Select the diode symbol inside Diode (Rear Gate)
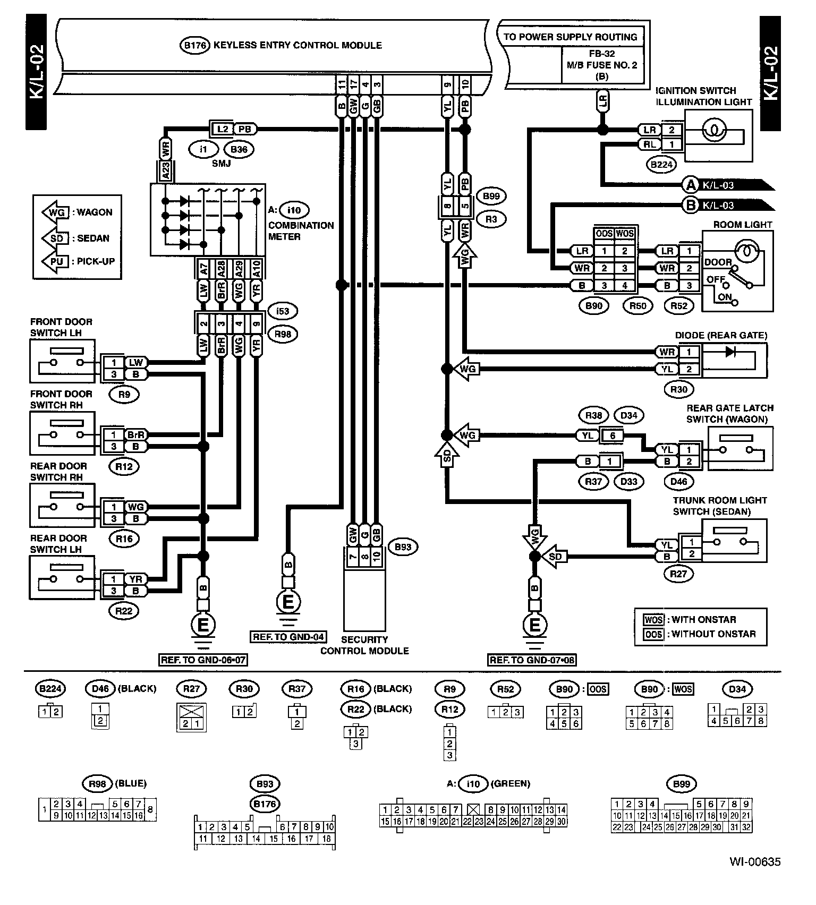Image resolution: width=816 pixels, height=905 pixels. pyautogui.click(x=730, y=351)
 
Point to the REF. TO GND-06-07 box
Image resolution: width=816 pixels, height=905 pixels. pyautogui.click(x=203, y=660)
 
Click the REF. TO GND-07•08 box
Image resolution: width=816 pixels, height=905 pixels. pyautogui.click(x=532, y=660)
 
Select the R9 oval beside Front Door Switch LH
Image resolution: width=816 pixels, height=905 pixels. pyautogui.click(x=124, y=395)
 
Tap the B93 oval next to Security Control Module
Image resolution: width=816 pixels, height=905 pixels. pyautogui.click(x=403, y=547)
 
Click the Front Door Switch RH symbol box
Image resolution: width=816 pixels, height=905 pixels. pyautogui.click(x=62, y=434)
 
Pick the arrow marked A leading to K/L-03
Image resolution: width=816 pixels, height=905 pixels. pyautogui.click(x=691, y=185)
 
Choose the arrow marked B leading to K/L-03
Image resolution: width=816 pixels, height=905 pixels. pyautogui.click(x=691, y=205)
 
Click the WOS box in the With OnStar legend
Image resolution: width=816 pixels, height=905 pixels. pyautogui.click(x=653, y=620)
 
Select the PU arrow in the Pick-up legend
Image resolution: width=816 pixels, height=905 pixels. pyautogui.click(x=55, y=262)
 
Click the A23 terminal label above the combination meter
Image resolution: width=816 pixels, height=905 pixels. pyautogui.click(x=166, y=171)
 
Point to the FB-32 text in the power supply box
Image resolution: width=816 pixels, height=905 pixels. pyautogui.click(x=601, y=54)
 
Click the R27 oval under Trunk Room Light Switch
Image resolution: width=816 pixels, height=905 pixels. pyautogui.click(x=678, y=574)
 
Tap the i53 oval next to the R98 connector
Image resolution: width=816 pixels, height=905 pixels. pyautogui.click(x=283, y=311)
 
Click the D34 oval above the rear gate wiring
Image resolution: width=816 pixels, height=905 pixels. pyautogui.click(x=628, y=415)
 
